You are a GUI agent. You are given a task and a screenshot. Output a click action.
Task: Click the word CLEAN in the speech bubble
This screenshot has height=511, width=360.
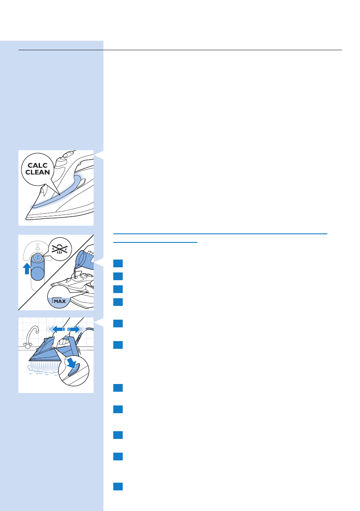click(39, 175)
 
